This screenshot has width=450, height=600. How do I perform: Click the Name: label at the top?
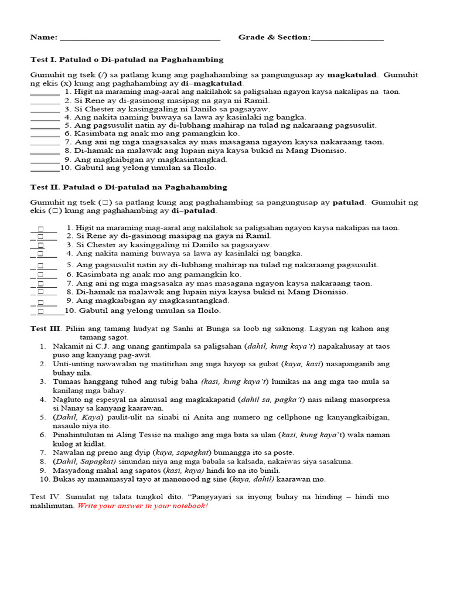(x=44, y=37)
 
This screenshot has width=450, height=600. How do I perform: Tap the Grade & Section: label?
(x=274, y=37)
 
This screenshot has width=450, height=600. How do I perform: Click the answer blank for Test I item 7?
(x=45, y=142)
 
